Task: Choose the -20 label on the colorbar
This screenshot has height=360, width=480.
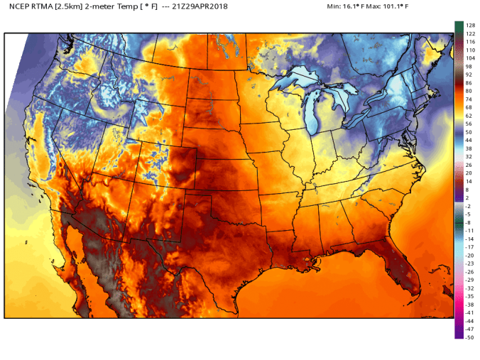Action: (x=469, y=255)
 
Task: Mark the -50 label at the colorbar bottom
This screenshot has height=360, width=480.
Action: (x=469, y=337)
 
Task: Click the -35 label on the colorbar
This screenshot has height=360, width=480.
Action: (x=469, y=296)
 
